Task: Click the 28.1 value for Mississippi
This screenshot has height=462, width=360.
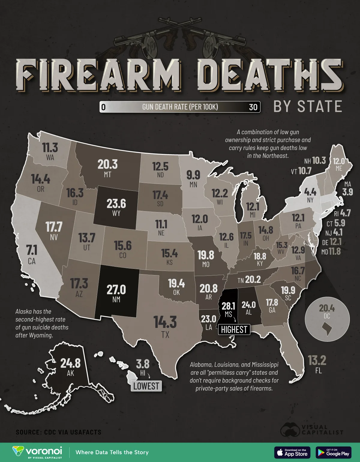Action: pos(228,306)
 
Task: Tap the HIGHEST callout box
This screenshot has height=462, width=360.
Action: pos(234,329)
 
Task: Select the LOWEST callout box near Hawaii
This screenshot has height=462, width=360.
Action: pos(146,386)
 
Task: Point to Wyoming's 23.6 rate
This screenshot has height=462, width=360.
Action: pos(116,204)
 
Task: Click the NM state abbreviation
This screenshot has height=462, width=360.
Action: pos(116,299)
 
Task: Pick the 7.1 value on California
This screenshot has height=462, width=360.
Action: pos(31,250)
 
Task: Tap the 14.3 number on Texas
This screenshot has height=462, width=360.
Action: pos(165,322)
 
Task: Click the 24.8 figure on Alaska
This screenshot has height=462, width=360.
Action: pos(70,363)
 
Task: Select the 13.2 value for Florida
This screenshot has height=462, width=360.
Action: pos(317,360)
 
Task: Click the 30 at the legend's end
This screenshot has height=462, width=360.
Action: pos(253,107)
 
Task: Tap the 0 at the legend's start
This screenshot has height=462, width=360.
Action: pos(103,107)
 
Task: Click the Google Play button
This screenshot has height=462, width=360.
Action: pos(334,452)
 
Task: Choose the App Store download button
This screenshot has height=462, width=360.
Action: pos(292,452)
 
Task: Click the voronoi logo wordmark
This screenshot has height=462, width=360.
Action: pos(44,451)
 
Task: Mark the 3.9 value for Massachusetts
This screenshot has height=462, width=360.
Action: pos(347,192)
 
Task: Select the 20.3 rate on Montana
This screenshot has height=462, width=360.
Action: pos(107,164)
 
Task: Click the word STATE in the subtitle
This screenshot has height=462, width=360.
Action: pos(320,106)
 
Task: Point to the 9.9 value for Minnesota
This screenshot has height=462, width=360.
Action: pos(193,175)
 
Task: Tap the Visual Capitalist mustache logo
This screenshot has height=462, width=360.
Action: pos(290,430)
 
